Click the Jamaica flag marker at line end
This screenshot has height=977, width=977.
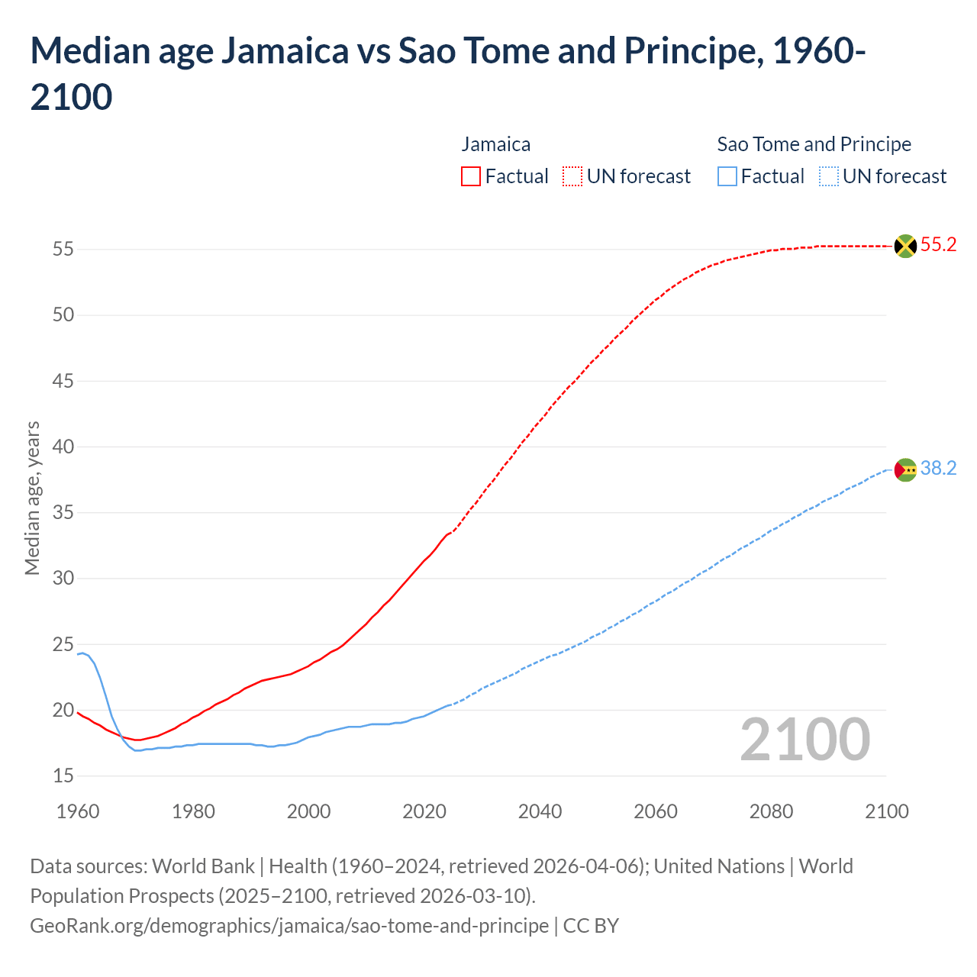click(904, 246)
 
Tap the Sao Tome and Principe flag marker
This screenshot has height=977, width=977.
click(904, 469)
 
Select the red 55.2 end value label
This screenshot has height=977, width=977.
click(938, 245)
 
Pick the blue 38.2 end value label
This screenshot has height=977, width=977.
click(938, 469)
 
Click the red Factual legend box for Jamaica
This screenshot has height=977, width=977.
click(471, 177)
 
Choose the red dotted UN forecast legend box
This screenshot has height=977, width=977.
click(572, 177)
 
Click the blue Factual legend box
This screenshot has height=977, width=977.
click(727, 177)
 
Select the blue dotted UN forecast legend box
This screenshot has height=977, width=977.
click(828, 177)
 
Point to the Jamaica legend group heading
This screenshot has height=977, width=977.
click(496, 144)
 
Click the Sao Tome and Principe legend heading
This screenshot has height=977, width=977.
click(814, 144)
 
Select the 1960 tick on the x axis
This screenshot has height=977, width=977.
click(78, 811)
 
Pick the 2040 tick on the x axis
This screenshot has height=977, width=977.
click(540, 811)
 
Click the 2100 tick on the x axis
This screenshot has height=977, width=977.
click(887, 811)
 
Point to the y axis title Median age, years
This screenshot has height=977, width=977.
click(32, 498)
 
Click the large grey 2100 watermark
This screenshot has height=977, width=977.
click(804, 739)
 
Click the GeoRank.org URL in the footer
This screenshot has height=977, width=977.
click(289, 926)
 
